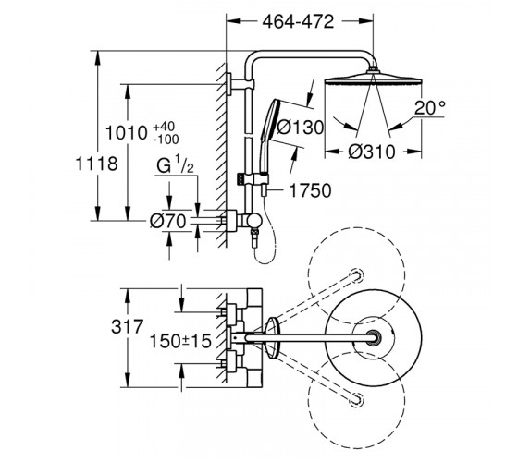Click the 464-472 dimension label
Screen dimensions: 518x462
tap(298, 22)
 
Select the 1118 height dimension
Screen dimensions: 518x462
tap(96, 164)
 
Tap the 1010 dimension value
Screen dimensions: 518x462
tap(126, 133)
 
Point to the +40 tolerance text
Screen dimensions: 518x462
tap(165, 127)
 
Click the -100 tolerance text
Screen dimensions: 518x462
tap(166, 140)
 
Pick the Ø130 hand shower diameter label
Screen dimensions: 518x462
tap(300, 128)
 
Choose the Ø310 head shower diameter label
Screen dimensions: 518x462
tap(372, 152)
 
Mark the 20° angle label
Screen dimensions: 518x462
tap(430, 107)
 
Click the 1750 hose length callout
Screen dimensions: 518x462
tap(310, 190)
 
